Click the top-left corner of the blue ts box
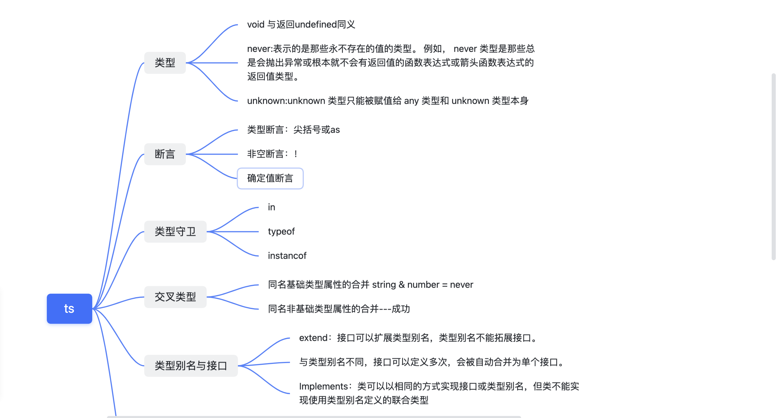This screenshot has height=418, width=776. [x=47, y=294]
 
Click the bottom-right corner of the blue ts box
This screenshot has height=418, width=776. [x=92, y=323]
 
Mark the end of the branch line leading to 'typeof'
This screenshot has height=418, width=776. [x=258, y=232]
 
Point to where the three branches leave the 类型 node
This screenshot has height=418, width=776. [x=186, y=63]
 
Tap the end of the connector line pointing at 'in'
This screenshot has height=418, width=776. [x=258, y=208]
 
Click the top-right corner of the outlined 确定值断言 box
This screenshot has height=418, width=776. [x=303, y=169]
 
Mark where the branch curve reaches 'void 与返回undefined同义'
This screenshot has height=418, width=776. [x=238, y=25]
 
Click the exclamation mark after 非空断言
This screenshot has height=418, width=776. [x=296, y=154]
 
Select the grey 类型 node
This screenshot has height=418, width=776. [x=165, y=63]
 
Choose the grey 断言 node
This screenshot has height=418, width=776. [x=165, y=154]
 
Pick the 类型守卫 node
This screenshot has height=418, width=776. [x=175, y=232]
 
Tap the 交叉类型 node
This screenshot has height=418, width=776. [x=175, y=297]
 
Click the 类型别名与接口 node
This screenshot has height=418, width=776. [x=191, y=366]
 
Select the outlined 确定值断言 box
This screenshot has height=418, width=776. [x=270, y=179]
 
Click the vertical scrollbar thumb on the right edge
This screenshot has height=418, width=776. [x=773, y=166]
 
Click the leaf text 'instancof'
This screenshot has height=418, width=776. [x=287, y=256]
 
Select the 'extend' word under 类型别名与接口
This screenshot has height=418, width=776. [x=313, y=338]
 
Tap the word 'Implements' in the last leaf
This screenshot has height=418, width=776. [x=324, y=386]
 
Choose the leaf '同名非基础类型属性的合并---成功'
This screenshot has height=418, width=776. [x=339, y=309]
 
